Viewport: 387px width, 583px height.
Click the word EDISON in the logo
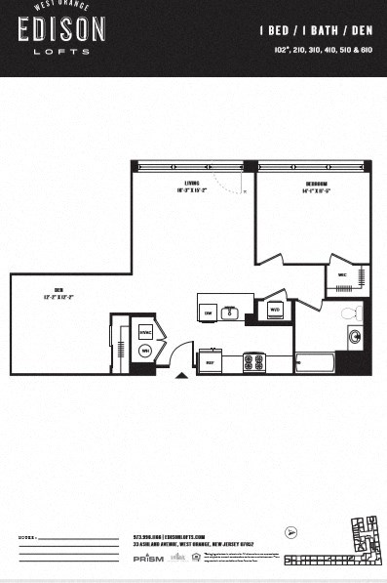point(60,31)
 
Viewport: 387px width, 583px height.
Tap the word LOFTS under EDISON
point(60,51)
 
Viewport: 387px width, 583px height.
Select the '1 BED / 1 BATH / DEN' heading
point(316,31)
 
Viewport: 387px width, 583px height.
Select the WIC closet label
point(343,275)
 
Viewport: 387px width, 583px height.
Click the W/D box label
point(275,312)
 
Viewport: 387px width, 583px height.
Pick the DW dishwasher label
point(209,312)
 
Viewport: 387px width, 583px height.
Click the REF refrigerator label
point(210,362)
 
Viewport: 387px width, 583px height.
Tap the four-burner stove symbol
point(254,362)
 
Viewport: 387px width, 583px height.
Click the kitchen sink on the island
point(231,312)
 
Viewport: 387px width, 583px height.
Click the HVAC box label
point(145,332)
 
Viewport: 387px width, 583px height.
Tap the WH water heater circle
point(145,351)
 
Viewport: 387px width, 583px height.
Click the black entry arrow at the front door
point(180,374)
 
